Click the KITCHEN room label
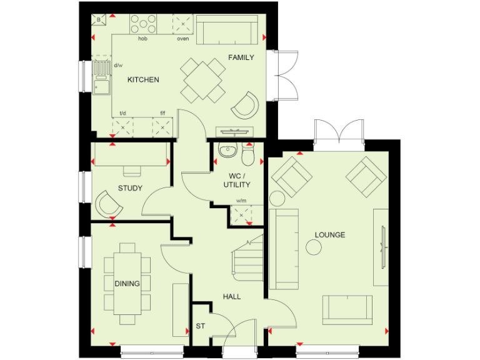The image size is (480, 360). tap(143, 80)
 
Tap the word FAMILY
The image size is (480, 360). tap(241, 57)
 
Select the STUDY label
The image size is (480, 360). tap(130, 188)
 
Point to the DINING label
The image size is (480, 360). tap(127, 284)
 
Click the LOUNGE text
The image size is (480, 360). tap(330, 235)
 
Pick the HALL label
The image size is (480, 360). tap(232, 296)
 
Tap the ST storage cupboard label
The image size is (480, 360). tap(201, 326)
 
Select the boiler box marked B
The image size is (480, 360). tap(98, 20)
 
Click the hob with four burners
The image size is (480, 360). tap(143, 25)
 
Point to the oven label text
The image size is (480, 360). tap(182, 39)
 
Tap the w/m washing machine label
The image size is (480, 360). tap(241, 201)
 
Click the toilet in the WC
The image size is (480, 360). tap(248, 152)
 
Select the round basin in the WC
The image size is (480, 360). tap(227, 150)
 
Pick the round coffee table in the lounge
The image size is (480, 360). tap(313, 247)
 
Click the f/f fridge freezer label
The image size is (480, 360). tap(162, 114)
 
